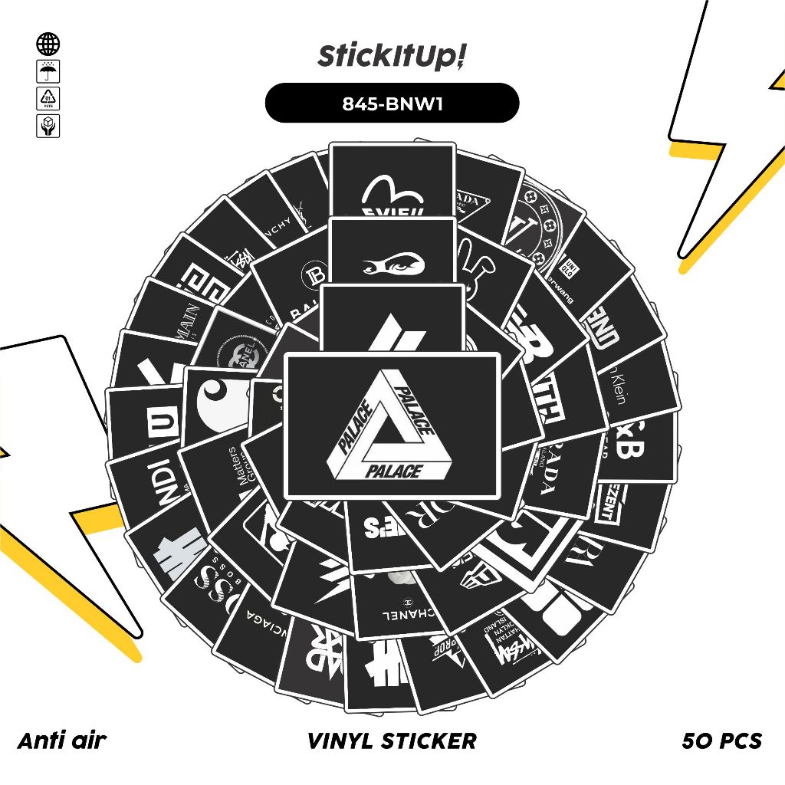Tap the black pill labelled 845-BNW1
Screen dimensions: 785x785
click(392, 103)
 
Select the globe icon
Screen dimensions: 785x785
click(48, 44)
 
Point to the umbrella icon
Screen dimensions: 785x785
click(48, 72)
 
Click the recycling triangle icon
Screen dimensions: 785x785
click(48, 99)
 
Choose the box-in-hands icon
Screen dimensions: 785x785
click(48, 126)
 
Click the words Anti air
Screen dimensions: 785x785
click(62, 740)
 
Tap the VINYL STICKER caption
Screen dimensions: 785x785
click(392, 741)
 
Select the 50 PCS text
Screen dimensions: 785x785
click(721, 741)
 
